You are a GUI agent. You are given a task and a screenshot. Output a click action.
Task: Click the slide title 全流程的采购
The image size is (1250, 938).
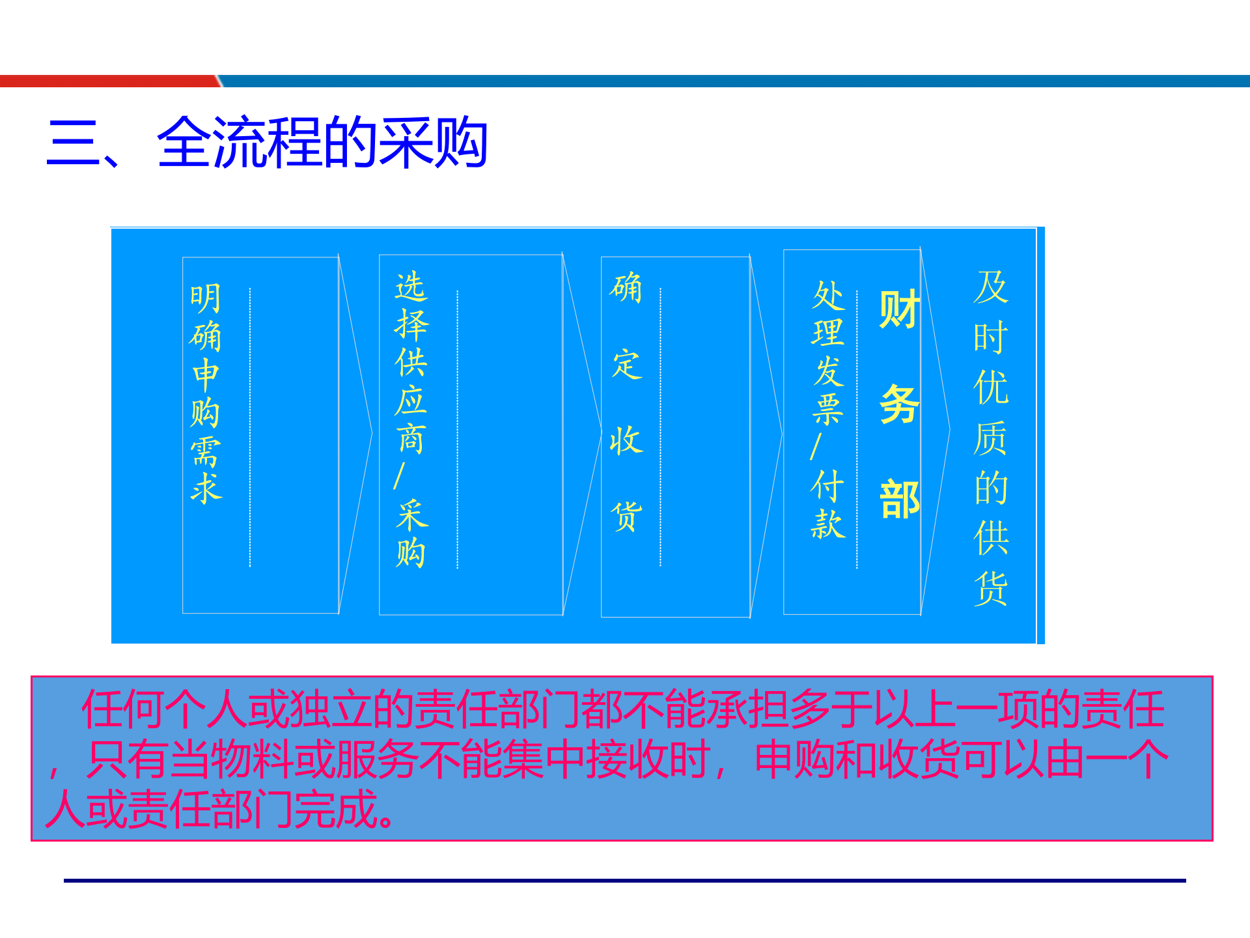pos(322,143)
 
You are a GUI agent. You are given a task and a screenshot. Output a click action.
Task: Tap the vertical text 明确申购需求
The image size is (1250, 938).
pos(206,393)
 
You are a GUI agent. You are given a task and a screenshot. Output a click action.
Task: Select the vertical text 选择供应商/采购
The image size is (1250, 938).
pos(411,419)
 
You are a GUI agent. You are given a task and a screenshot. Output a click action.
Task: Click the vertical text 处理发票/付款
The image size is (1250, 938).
pos(827,410)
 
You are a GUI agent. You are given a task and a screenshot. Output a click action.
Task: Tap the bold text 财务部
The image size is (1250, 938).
pos(899,405)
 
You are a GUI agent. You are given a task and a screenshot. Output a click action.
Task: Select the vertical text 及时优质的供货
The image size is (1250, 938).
pos(990,438)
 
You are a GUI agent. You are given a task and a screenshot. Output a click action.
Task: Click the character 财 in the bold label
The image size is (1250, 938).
pos(899,309)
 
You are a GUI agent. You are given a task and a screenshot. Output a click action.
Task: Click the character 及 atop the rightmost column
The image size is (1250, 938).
pos(990,287)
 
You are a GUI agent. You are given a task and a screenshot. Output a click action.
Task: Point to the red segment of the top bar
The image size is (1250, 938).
pos(107,81)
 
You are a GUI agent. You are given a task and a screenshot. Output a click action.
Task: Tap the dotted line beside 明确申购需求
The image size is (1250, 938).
pos(250,427)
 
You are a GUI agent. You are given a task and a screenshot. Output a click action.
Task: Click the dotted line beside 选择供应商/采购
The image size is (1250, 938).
pos(458,430)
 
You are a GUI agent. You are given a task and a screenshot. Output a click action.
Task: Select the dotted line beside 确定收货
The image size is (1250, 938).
pos(660,427)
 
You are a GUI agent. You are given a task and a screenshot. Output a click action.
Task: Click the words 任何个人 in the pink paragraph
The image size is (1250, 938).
pos(163,709)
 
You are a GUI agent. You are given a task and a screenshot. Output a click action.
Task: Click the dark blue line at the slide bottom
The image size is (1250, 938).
pos(625,881)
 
